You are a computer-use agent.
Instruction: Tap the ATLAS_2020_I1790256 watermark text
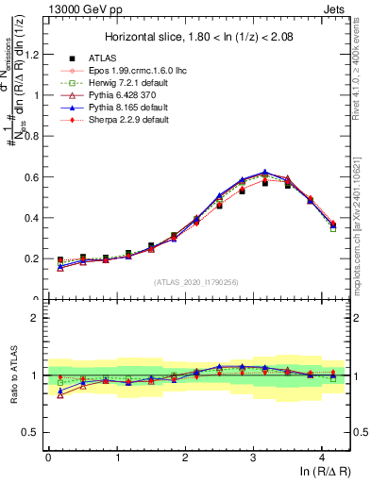[196, 282]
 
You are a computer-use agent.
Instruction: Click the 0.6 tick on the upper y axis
[32, 177]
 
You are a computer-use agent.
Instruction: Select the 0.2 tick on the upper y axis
[32, 258]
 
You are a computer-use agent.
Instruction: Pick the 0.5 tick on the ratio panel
[30, 432]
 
